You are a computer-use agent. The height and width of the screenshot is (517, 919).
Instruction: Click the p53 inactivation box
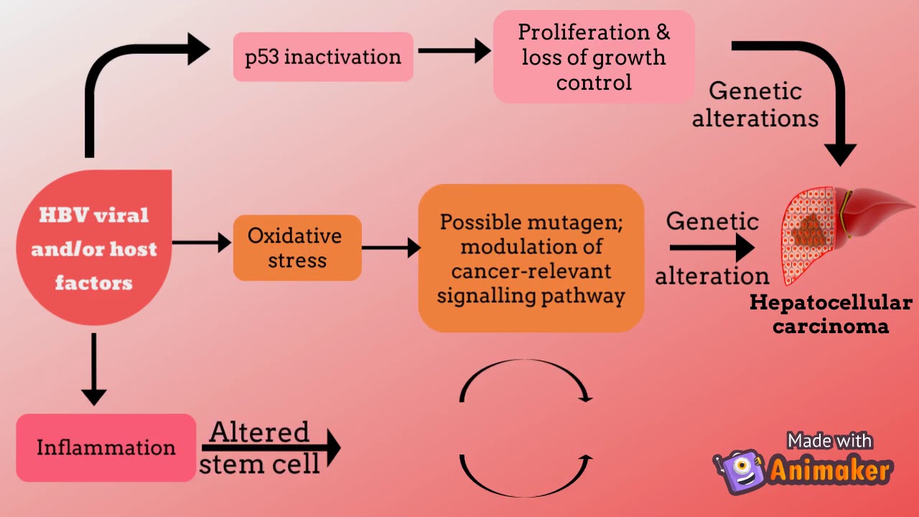point(323,57)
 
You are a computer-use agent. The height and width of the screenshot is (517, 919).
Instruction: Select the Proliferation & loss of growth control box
point(594,57)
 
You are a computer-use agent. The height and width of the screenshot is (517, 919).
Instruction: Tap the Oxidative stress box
point(297,248)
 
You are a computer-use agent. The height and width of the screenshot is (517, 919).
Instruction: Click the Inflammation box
point(106,447)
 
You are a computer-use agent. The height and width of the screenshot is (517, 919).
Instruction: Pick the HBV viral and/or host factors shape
point(94,248)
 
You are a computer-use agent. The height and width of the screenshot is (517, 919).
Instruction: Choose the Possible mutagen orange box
point(531,258)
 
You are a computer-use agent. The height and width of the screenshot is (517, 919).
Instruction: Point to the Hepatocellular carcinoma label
point(831,315)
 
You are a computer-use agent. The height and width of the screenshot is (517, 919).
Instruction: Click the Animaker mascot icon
point(739,471)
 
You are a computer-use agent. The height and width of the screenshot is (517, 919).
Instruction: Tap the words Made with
point(829,440)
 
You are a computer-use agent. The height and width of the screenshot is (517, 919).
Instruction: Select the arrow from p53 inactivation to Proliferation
point(454,51)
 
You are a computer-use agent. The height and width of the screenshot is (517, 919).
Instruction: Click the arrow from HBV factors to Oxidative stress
point(202,243)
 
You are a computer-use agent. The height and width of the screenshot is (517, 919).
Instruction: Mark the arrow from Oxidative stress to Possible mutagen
point(391,248)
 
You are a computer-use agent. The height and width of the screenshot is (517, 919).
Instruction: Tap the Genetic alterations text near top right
point(755,105)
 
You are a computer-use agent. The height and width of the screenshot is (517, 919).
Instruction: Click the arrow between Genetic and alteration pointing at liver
point(712,248)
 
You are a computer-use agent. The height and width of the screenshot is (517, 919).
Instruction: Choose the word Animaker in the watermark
point(831,471)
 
